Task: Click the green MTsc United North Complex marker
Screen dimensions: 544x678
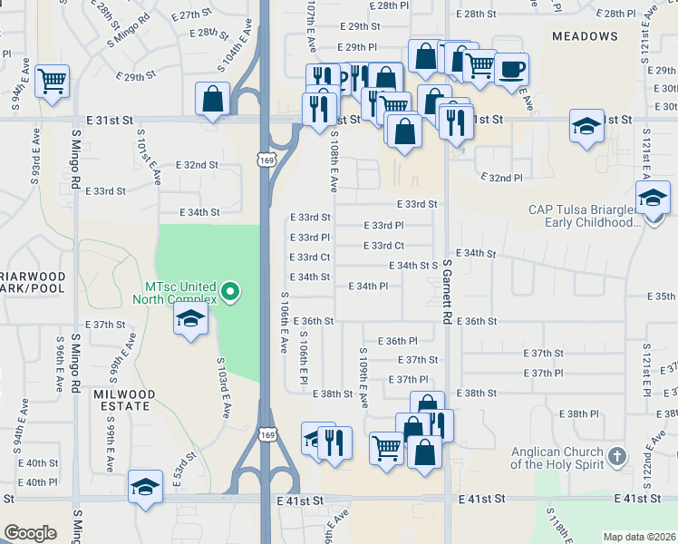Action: pos(230,291)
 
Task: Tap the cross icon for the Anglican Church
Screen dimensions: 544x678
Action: pos(616,455)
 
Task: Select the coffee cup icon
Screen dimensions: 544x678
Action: pos(511,69)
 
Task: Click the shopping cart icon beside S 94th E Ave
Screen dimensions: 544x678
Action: pos(53,81)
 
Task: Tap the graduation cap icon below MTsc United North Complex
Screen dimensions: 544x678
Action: pos(191,318)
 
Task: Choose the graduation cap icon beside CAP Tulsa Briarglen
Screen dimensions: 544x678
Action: pos(652,197)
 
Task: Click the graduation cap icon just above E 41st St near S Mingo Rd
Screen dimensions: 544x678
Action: pos(145,487)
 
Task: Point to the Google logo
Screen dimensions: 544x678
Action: pos(30,533)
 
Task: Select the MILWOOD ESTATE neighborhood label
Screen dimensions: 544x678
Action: pos(123,401)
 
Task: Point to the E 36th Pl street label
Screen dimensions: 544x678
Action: pos(401,341)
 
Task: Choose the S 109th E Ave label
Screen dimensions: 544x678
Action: pos(363,377)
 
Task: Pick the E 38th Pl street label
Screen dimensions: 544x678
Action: pos(579,413)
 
